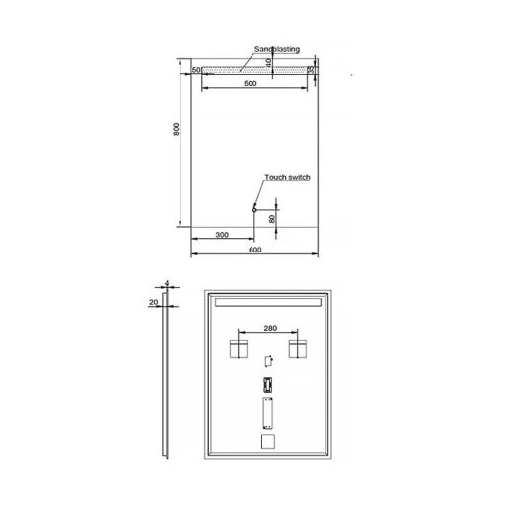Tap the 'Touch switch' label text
pyautogui.click(x=287, y=177)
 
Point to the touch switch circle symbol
pyautogui.click(x=253, y=208)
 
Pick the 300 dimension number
pyautogui.click(x=221, y=235)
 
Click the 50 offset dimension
pyautogui.click(x=196, y=70)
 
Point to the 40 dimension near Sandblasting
pyautogui.click(x=269, y=63)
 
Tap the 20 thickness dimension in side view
pyautogui.click(x=154, y=303)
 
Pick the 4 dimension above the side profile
pyautogui.click(x=168, y=284)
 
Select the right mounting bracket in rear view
pyautogui.click(x=298, y=348)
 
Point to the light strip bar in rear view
pyautogui.click(x=268, y=301)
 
